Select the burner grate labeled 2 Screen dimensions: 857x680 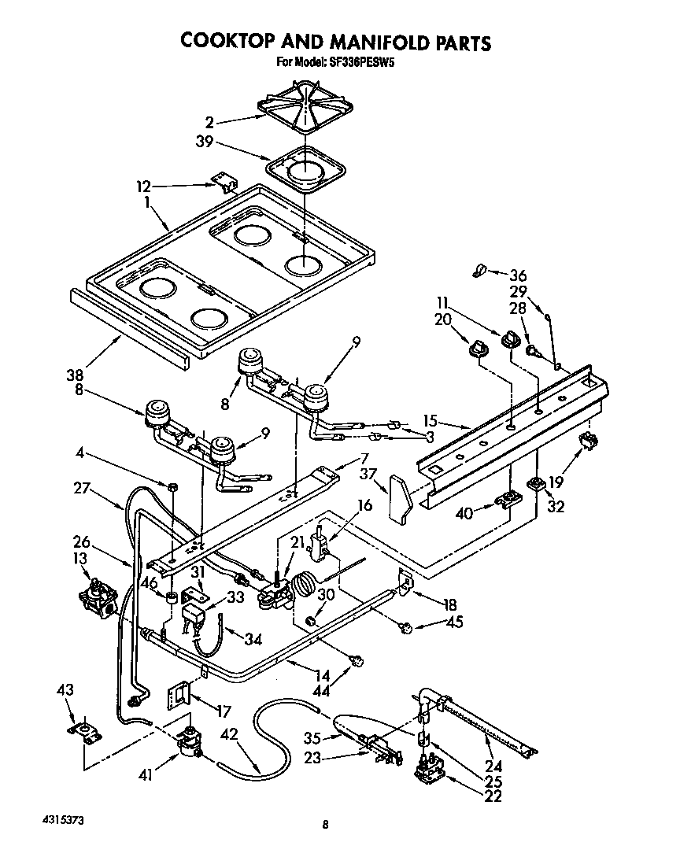click(x=305, y=110)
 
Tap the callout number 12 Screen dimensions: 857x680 click(x=142, y=187)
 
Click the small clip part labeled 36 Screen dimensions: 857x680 click(x=475, y=271)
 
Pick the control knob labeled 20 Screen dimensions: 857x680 click(x=478, y=349)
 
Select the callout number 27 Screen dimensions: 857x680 click(x=81, y=489)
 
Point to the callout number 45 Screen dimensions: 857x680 click(x=453, y=622)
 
